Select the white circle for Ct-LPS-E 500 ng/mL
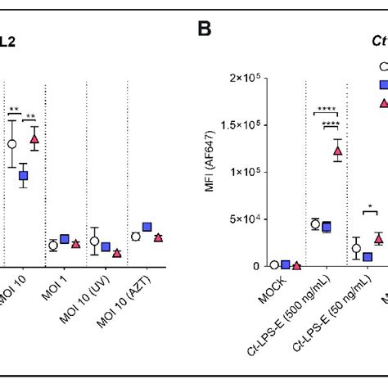click(x=315, y=223)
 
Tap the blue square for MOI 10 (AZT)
click(x=147, y=227)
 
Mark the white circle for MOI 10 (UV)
click(x=95, y=241)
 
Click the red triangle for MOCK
click(x=296, y=265)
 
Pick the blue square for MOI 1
click(x=64, y=239)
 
